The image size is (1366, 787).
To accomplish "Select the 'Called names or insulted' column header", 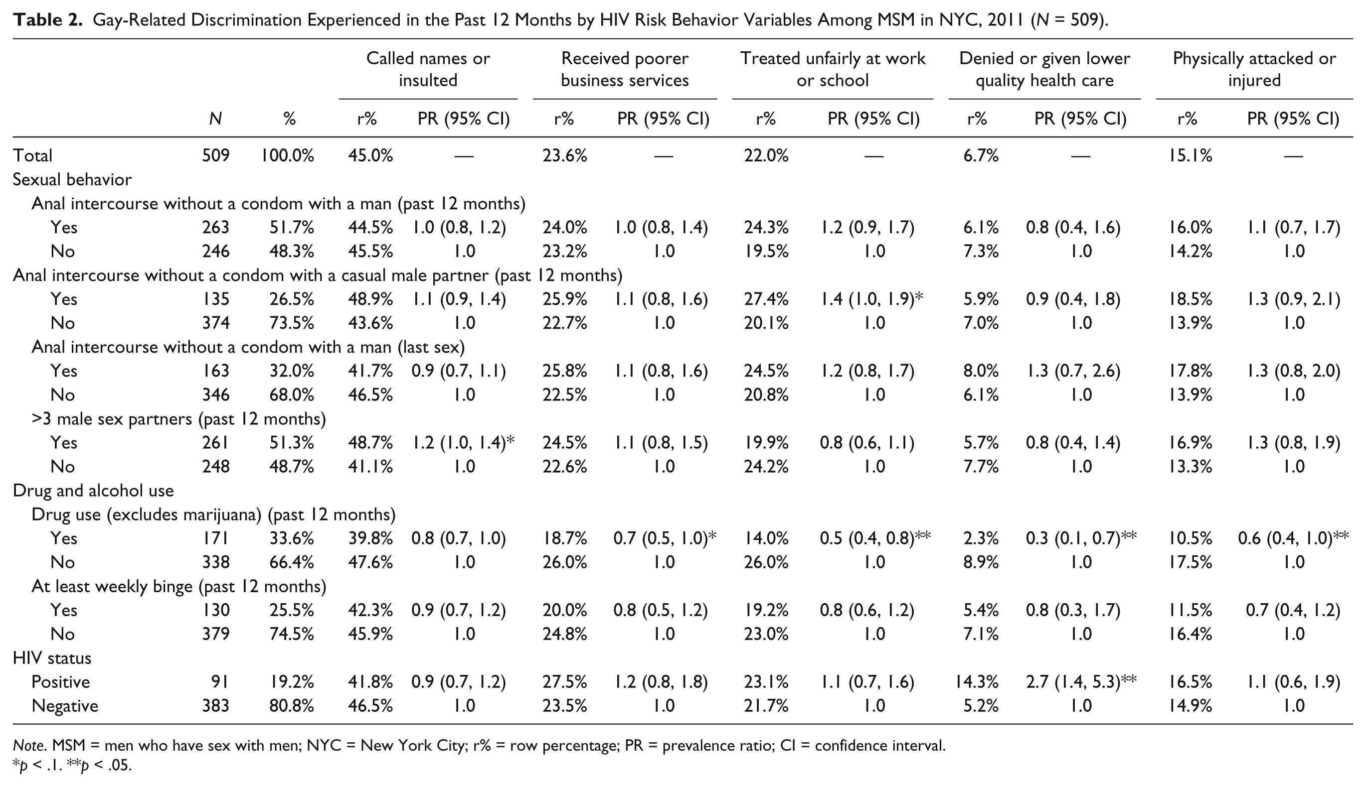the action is (x=428, y=69).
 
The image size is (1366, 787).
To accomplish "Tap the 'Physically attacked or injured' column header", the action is (x=1254, y=69).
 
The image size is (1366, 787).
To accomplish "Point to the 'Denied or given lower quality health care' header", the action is (x=1044, y=69).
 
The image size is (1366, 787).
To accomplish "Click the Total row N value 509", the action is (x=216, y=156).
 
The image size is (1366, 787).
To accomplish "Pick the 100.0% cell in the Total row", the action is (x=288, y=156).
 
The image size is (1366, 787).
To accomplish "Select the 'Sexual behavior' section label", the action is (x=72, y=179).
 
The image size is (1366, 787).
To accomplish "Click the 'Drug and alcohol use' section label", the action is (x=93, y=490).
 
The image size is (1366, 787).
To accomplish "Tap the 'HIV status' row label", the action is (x=52, y=658).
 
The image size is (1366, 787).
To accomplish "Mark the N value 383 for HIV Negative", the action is (x=216, y=705).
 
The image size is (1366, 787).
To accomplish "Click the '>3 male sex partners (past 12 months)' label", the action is (x=178, y=419).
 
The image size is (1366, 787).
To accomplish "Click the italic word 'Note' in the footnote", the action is (x=28, y=746).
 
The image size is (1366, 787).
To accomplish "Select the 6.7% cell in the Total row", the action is (x=981, y=156).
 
